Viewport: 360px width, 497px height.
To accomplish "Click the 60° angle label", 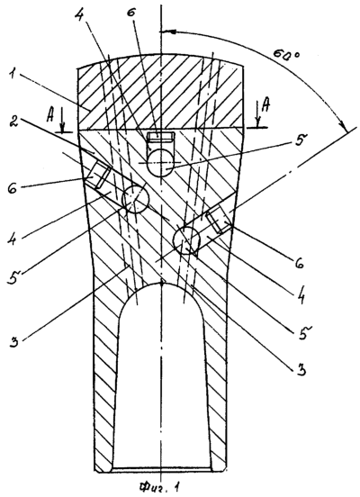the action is (286, 55).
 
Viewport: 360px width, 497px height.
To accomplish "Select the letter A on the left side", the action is (50, 116).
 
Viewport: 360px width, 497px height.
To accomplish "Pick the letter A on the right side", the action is (266, 105).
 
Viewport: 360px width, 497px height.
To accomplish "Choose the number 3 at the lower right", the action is (301, 369).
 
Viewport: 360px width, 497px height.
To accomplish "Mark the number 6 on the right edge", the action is (299, 262).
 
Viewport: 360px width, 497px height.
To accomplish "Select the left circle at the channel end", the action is (135, 199).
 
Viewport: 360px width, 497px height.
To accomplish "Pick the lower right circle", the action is (186, 239).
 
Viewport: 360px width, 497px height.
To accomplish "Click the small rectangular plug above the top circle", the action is (161, 137).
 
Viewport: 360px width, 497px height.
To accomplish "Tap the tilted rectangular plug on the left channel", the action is (99, 174).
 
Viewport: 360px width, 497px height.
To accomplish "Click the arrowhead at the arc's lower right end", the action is (344, 126).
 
